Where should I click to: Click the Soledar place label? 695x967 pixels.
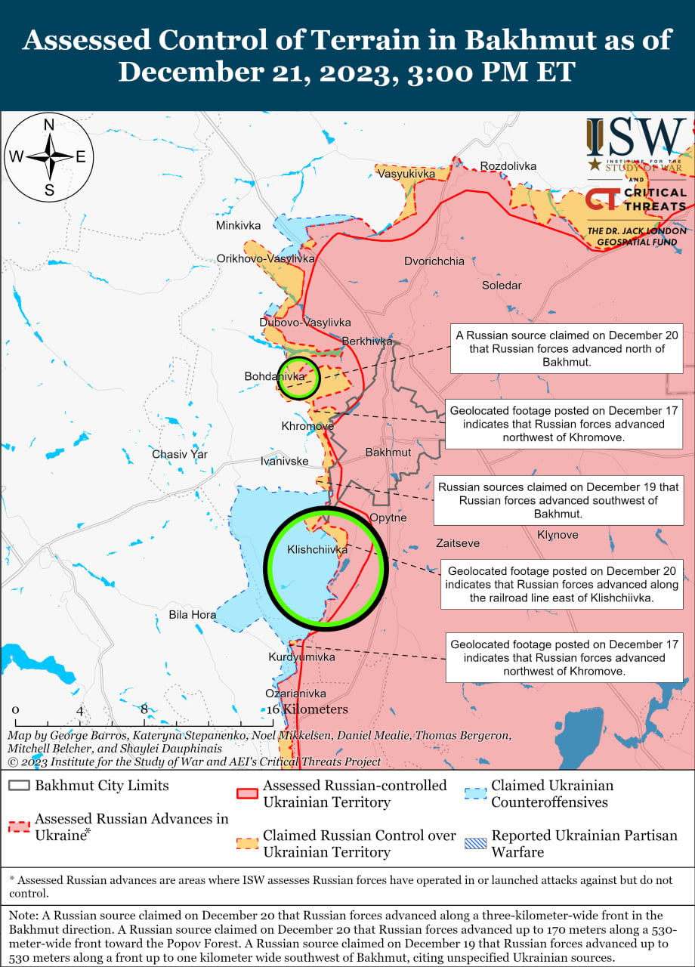click(x=502, y=286)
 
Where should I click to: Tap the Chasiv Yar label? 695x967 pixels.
click(x=180, y=455)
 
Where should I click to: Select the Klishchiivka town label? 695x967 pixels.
click(x=317, y=550)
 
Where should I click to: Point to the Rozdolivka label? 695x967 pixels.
click(x=508, y=166)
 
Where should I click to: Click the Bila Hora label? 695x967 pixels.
click(x=192, y=615)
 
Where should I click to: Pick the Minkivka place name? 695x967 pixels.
click(x=238, y=226)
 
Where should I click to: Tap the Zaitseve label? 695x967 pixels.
click(x=458, y=543)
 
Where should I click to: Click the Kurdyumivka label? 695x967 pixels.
click(x=301, y=657)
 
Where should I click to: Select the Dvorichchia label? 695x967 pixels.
click(x=434, y=261)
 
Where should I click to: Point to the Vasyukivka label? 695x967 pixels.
click(x=406, y=174)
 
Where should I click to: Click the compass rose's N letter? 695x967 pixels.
click(x=48, y=125)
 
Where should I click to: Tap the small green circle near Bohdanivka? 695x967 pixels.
click(x=299, y=378)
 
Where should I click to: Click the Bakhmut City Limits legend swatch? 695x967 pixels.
click(x=20, y=786)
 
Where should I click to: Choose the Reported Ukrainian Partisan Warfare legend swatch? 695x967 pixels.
click(x=475, y=836)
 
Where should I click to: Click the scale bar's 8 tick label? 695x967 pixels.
click(x=144, y=709)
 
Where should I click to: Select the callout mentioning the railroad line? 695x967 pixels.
click(x=562, y=585)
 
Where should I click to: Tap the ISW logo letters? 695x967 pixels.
click(x=636, y=137)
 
